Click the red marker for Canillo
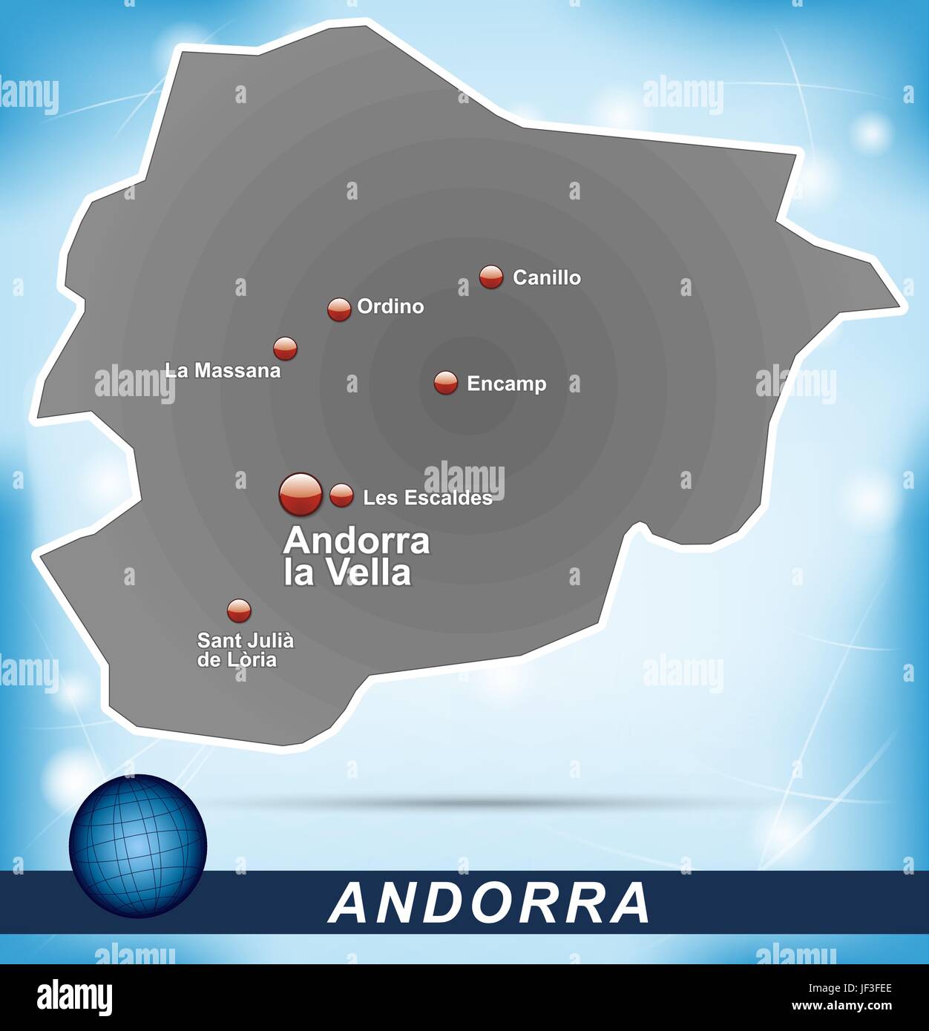pos(490,277)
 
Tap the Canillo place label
pos(546,277)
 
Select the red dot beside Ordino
pos(339,309)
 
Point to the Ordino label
pos(390,306)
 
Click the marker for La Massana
pos(285,348)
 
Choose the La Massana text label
pos(223,370)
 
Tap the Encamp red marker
pos(446,383)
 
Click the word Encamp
pos(506,383)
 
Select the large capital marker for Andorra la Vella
pos(301,494)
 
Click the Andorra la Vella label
pos(356,556)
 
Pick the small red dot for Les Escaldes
pos(341,495)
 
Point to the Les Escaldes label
pos(427,498)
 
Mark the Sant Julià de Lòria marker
pos(239,610)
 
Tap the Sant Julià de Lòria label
pos(245,649)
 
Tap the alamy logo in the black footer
pos(74,996)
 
